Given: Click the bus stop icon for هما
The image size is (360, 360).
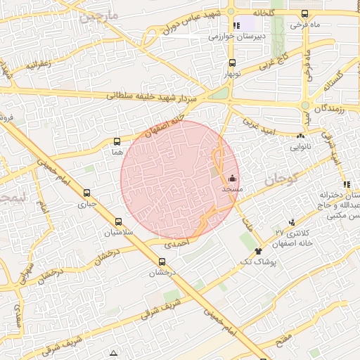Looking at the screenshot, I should pos(117,141).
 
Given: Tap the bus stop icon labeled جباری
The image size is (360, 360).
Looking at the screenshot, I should pos(87,193).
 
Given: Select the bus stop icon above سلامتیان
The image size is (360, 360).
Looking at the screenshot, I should pos(117,221).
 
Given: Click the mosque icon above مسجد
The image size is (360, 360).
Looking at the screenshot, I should pos(233,179).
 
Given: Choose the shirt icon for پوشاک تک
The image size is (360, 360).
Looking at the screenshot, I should pos(259,250).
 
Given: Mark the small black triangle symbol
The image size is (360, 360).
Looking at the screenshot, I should pos(114,352).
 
